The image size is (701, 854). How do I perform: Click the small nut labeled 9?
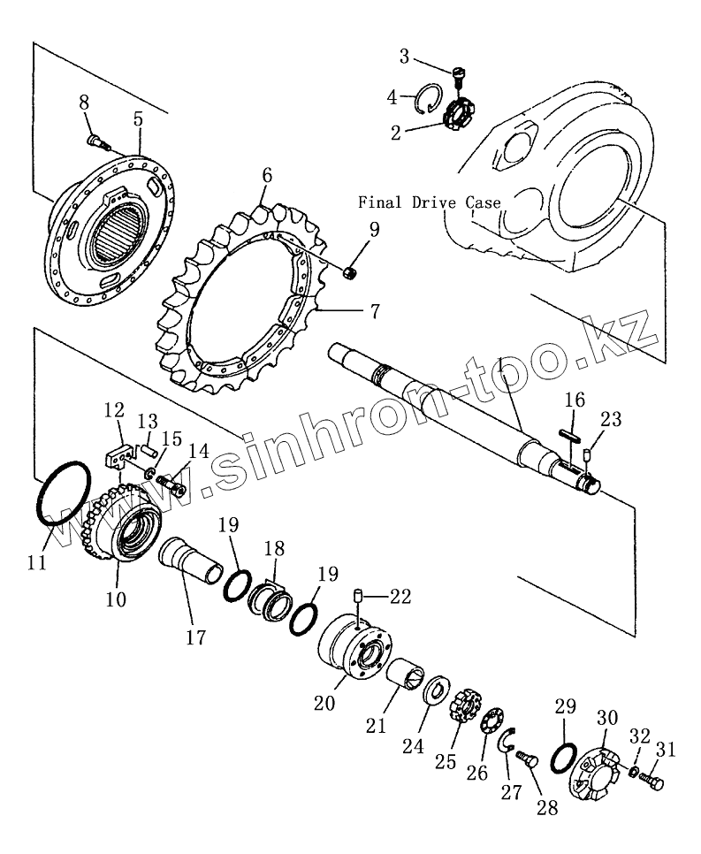coord(350,273)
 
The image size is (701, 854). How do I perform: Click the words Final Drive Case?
coord(430,202)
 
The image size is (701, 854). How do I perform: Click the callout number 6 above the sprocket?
coord(265,175)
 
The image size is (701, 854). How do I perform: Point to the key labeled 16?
coord(568,433)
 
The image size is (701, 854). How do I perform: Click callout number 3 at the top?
coord(404,57)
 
